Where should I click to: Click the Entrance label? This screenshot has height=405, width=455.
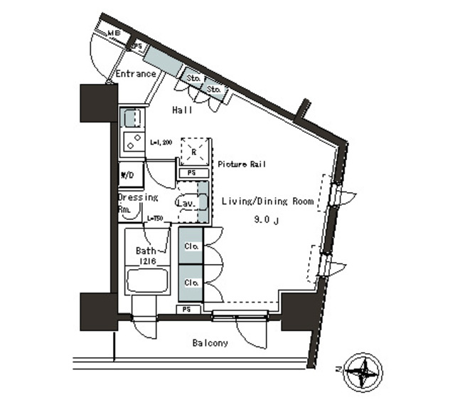(135, 74)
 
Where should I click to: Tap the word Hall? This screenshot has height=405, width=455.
(183, 110)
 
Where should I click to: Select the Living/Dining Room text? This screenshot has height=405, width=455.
(267, 201)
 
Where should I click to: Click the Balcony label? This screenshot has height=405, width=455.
(210, 343)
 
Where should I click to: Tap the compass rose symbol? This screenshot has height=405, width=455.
(365, 371)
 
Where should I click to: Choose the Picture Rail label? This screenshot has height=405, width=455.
(242, 164)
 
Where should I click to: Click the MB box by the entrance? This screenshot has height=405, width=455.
(114, 33)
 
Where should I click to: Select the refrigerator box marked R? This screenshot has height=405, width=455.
(195, 151)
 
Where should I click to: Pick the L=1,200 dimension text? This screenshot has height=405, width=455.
(161, 142)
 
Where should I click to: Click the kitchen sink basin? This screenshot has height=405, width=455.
(132, 117)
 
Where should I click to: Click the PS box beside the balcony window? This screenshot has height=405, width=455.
(186, 310)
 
